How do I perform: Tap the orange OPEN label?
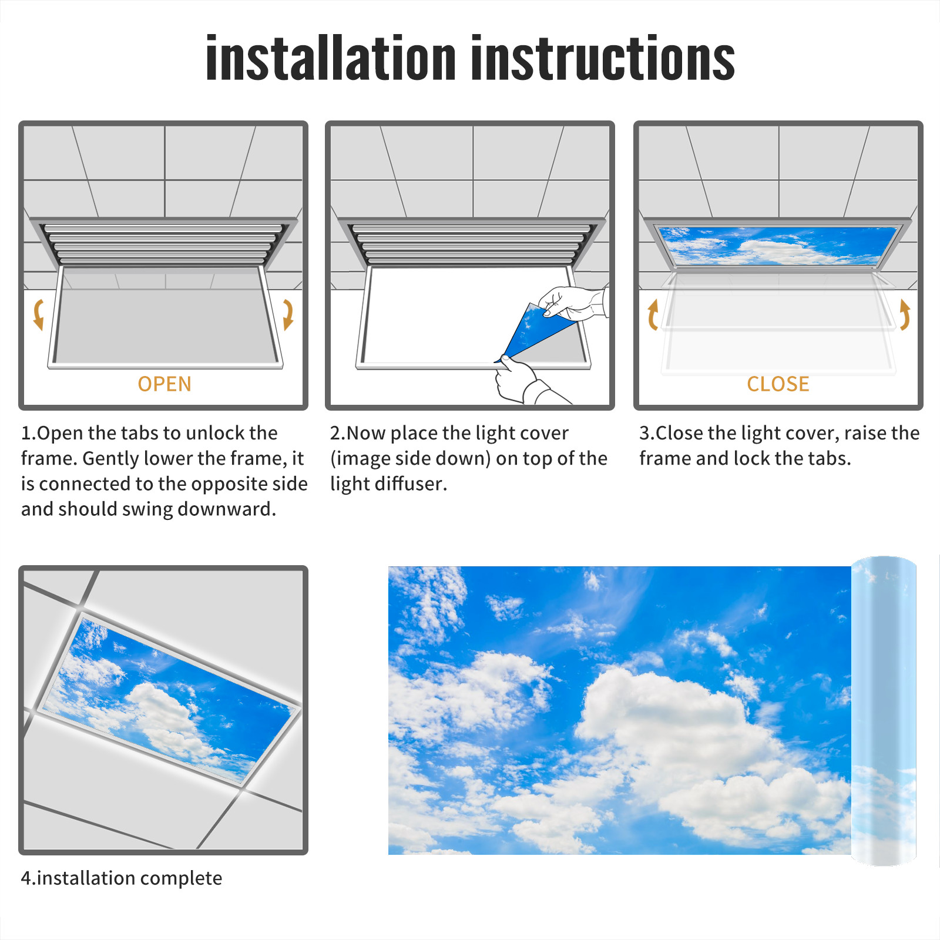164,384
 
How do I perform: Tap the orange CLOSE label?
778,384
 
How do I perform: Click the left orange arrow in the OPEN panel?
38,314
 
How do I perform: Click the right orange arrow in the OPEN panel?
288,314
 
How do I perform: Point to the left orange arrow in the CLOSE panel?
652,314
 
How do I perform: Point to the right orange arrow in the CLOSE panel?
905,314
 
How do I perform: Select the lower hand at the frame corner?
523,382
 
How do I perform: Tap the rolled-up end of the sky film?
884,711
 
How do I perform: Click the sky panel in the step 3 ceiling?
778,246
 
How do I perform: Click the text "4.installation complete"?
122,878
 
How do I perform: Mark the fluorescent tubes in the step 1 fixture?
163,243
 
